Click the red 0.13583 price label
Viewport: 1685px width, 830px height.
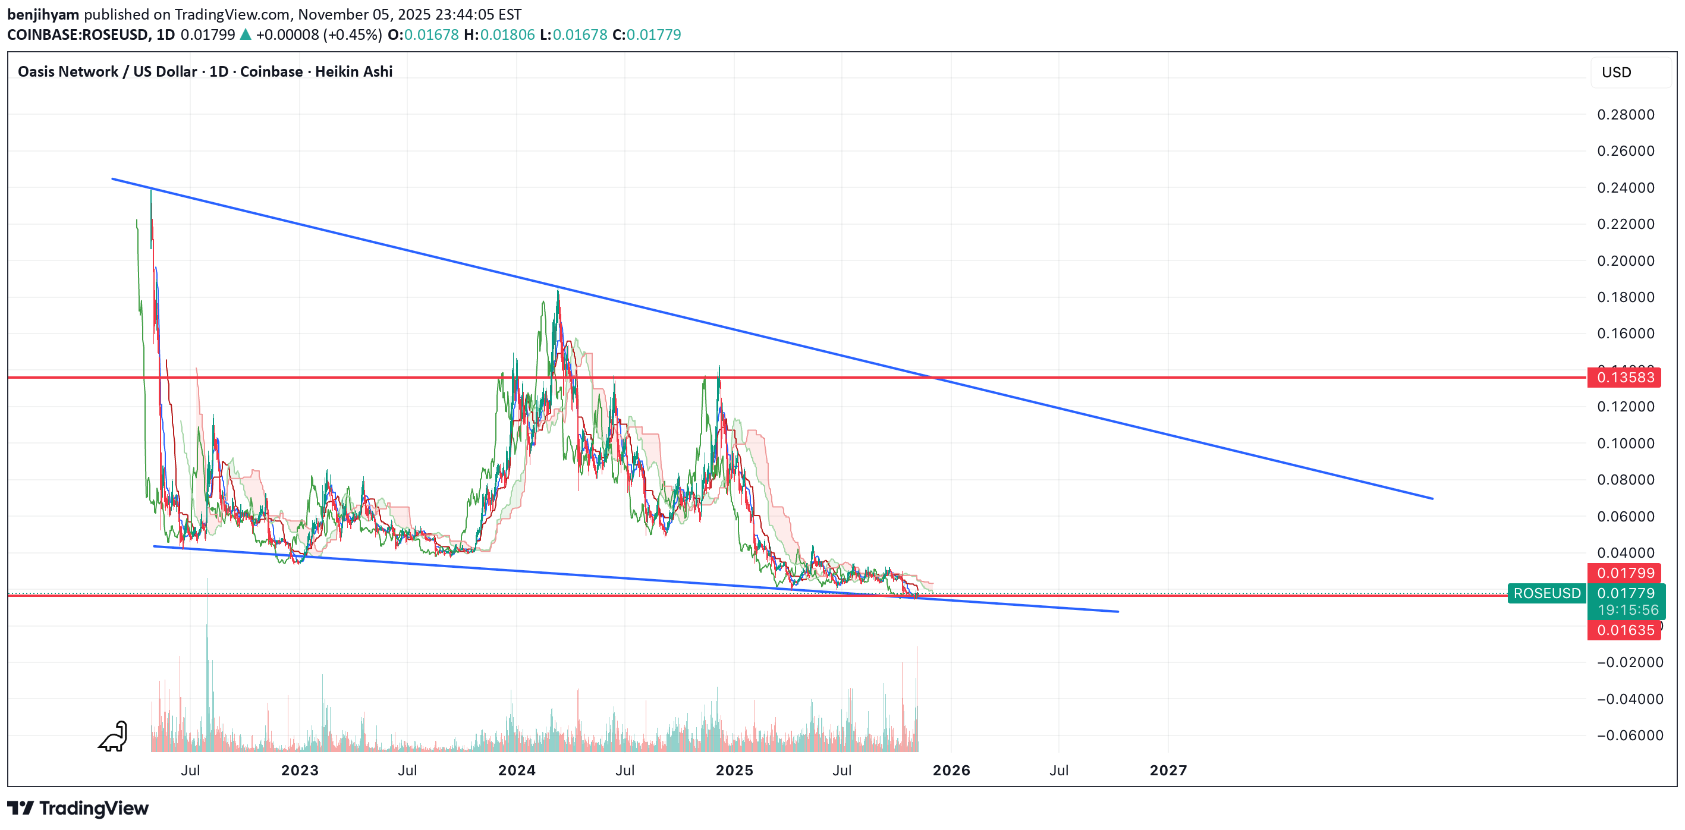click(1624, 378)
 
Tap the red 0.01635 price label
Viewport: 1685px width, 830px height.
click(1624, 630)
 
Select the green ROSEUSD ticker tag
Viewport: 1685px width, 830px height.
click(1546, 593)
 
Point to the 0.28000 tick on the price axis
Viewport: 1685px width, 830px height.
click(1626, 115)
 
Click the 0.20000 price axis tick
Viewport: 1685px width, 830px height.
click(1626, 261)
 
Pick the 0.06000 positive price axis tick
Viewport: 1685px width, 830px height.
click(1626, 517)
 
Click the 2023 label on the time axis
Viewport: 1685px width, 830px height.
click(300, 771)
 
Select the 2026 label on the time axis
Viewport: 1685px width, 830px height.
click(951, 771)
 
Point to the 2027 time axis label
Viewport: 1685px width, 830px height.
click(1168, 771)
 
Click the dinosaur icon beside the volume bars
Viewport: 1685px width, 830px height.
click(114, 737)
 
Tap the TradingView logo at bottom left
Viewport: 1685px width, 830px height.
click(78, 809)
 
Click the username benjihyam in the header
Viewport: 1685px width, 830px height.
click(43, 14)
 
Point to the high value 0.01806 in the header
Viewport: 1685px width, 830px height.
click(507, 34)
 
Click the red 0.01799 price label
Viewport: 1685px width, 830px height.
click(1624, 573)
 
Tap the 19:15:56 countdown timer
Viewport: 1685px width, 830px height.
click(1627, 609)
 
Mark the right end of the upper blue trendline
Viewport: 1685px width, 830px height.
click(1432, 498)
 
